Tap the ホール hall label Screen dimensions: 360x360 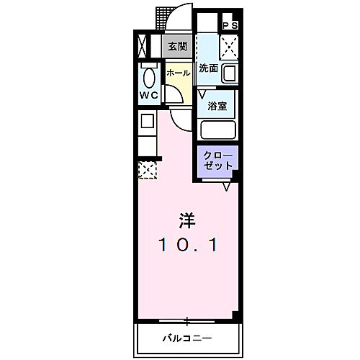pos(178,73)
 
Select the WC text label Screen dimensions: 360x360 pos(149,94)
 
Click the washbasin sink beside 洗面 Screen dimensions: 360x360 pos(230,73)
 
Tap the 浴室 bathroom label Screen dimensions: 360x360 pos(218,104)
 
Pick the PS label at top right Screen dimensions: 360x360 pos(231,25)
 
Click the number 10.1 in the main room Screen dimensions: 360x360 pos(186,245)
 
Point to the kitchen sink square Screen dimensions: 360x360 pos(146,120)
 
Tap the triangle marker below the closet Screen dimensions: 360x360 pos(226,186)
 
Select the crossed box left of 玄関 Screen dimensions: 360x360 pos(141,47)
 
